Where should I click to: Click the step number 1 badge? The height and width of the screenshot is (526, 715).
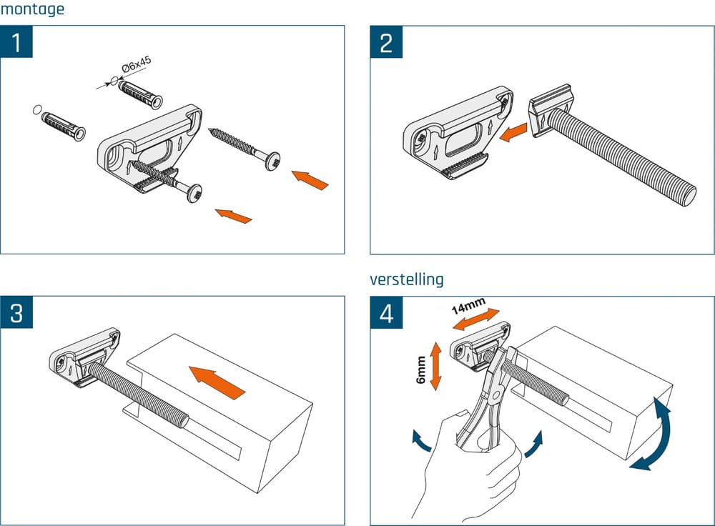click(16, 42)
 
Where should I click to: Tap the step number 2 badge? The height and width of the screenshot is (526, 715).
click(386, 42)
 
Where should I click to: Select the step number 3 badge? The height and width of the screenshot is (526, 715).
click(16, 312)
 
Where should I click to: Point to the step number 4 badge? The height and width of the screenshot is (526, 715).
click(386, 312)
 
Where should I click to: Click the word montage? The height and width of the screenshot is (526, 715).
click(32, 9)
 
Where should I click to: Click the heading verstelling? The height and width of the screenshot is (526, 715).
click(406, 279)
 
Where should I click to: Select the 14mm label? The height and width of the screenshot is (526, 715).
click(468, 307)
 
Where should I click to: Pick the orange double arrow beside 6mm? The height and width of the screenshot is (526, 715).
click(435, 365)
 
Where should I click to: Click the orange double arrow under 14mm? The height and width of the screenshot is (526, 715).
click(476, 320)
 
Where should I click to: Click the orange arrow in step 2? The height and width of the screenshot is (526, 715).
click(513, 133)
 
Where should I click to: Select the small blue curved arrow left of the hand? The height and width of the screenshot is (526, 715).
click(421, 440)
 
